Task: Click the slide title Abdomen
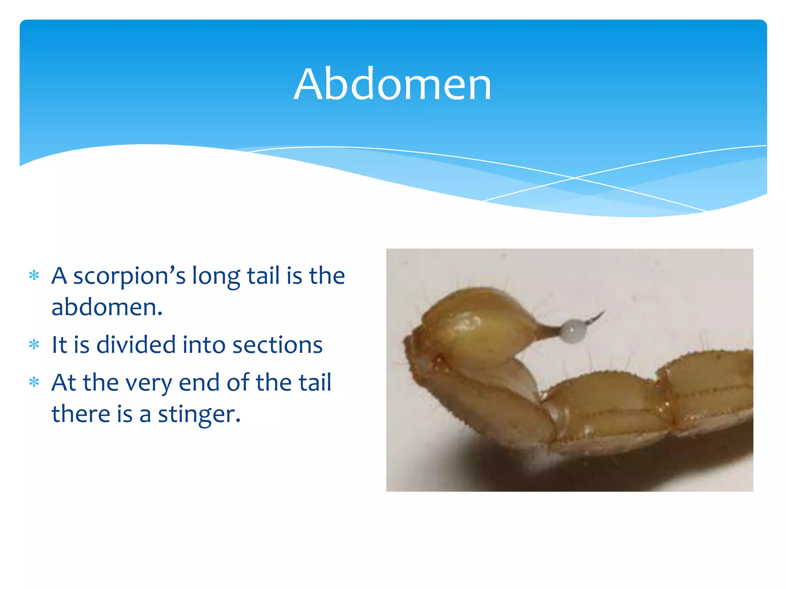392,84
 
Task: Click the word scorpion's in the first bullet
129,276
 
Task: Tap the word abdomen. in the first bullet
107,308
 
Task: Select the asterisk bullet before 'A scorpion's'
34,276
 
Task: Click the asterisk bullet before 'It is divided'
34,344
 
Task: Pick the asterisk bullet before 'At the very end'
34,382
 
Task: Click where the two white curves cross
575,178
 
